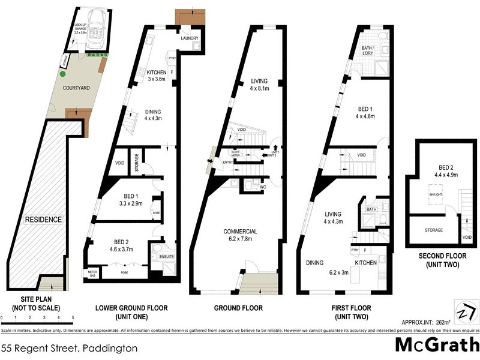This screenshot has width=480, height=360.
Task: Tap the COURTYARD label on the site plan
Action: click(77, 88)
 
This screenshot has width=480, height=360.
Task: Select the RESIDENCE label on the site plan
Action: click(43, 220)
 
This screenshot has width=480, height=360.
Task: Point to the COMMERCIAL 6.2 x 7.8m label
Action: click(241, 236)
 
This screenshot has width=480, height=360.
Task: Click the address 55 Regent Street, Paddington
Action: click(69, 348)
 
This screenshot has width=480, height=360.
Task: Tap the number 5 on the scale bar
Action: click(73, 317)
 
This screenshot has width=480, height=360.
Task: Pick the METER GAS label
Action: click(92, 273)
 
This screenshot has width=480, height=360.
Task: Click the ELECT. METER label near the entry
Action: click(236, 154)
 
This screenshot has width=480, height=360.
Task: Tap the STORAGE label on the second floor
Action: click(434, 230)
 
